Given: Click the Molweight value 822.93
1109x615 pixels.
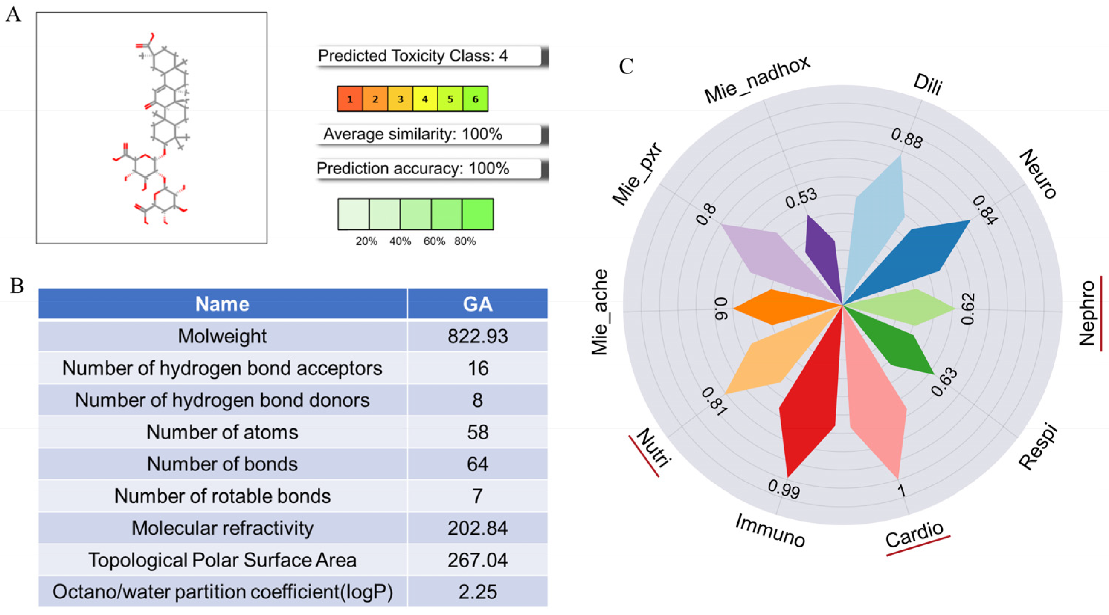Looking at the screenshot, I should pyautogui.click(x=478, y=337).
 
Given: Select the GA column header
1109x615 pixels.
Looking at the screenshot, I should pyautogui.click(x=478, y=304).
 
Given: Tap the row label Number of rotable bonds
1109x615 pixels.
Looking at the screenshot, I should pyautogui.click(x=222, y=496).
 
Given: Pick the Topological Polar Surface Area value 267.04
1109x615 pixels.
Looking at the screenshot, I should pyautogui.click(x=478, y=560).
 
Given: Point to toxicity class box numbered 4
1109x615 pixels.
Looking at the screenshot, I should pyautogui.click(x=425, y=99).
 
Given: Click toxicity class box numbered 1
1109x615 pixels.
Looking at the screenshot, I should pyautogui.click(x=350, y=99).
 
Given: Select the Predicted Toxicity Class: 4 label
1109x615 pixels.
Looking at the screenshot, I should pyautogui.click(x=412, y=56).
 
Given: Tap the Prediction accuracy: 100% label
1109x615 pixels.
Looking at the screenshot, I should pyautogui.click(x=412, y=168).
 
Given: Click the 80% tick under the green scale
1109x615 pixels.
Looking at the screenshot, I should pyautogui.click(x=465, y=241).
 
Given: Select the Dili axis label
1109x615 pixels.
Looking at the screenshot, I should pyautogui.click(x=927, y=85).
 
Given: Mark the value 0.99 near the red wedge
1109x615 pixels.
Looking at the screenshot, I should pyautogui.click(x=784, y=489).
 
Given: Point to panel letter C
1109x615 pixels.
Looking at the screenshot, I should pyautogui.click(x=626, y=67).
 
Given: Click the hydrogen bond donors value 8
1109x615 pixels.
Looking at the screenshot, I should pyautogui.click(x=478, y=400).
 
